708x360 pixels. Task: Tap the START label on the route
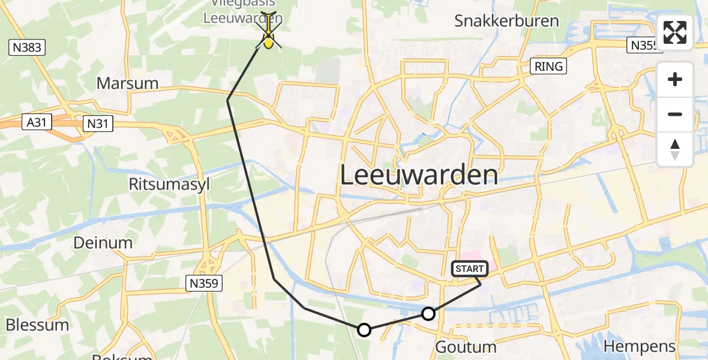pyautogui.click(x=470, y=269)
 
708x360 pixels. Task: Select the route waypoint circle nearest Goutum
pyautogui.click(x=428, y=313)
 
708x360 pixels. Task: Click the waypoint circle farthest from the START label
pyautogui.click(x=364, y=329)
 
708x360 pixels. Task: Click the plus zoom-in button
pyautogui.click(x=675, y=80)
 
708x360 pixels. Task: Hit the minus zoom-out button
pyautogui.click(x=675, y=114)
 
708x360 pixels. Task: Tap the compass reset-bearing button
pyautogui.click(x=675, y=149)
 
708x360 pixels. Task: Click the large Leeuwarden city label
pyautogui.click(x=419, y=175)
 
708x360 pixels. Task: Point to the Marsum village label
pyautogui.click(x=127, y=83)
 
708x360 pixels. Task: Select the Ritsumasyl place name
pyautogui.click(x=169, y=184)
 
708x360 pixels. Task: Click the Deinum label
pyautogui.click(x=103, y=242)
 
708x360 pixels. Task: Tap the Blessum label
pyautogui.click(x=37, y=325)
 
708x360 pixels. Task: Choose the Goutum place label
pyautogui.click(x=465, y=347)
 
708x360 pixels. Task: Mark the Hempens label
pyautogui.click(x=640, y=346)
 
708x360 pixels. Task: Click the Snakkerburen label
pyautogui.click(x=506, y=21)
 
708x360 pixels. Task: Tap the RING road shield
pyautogui.click(x=549, y=66)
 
